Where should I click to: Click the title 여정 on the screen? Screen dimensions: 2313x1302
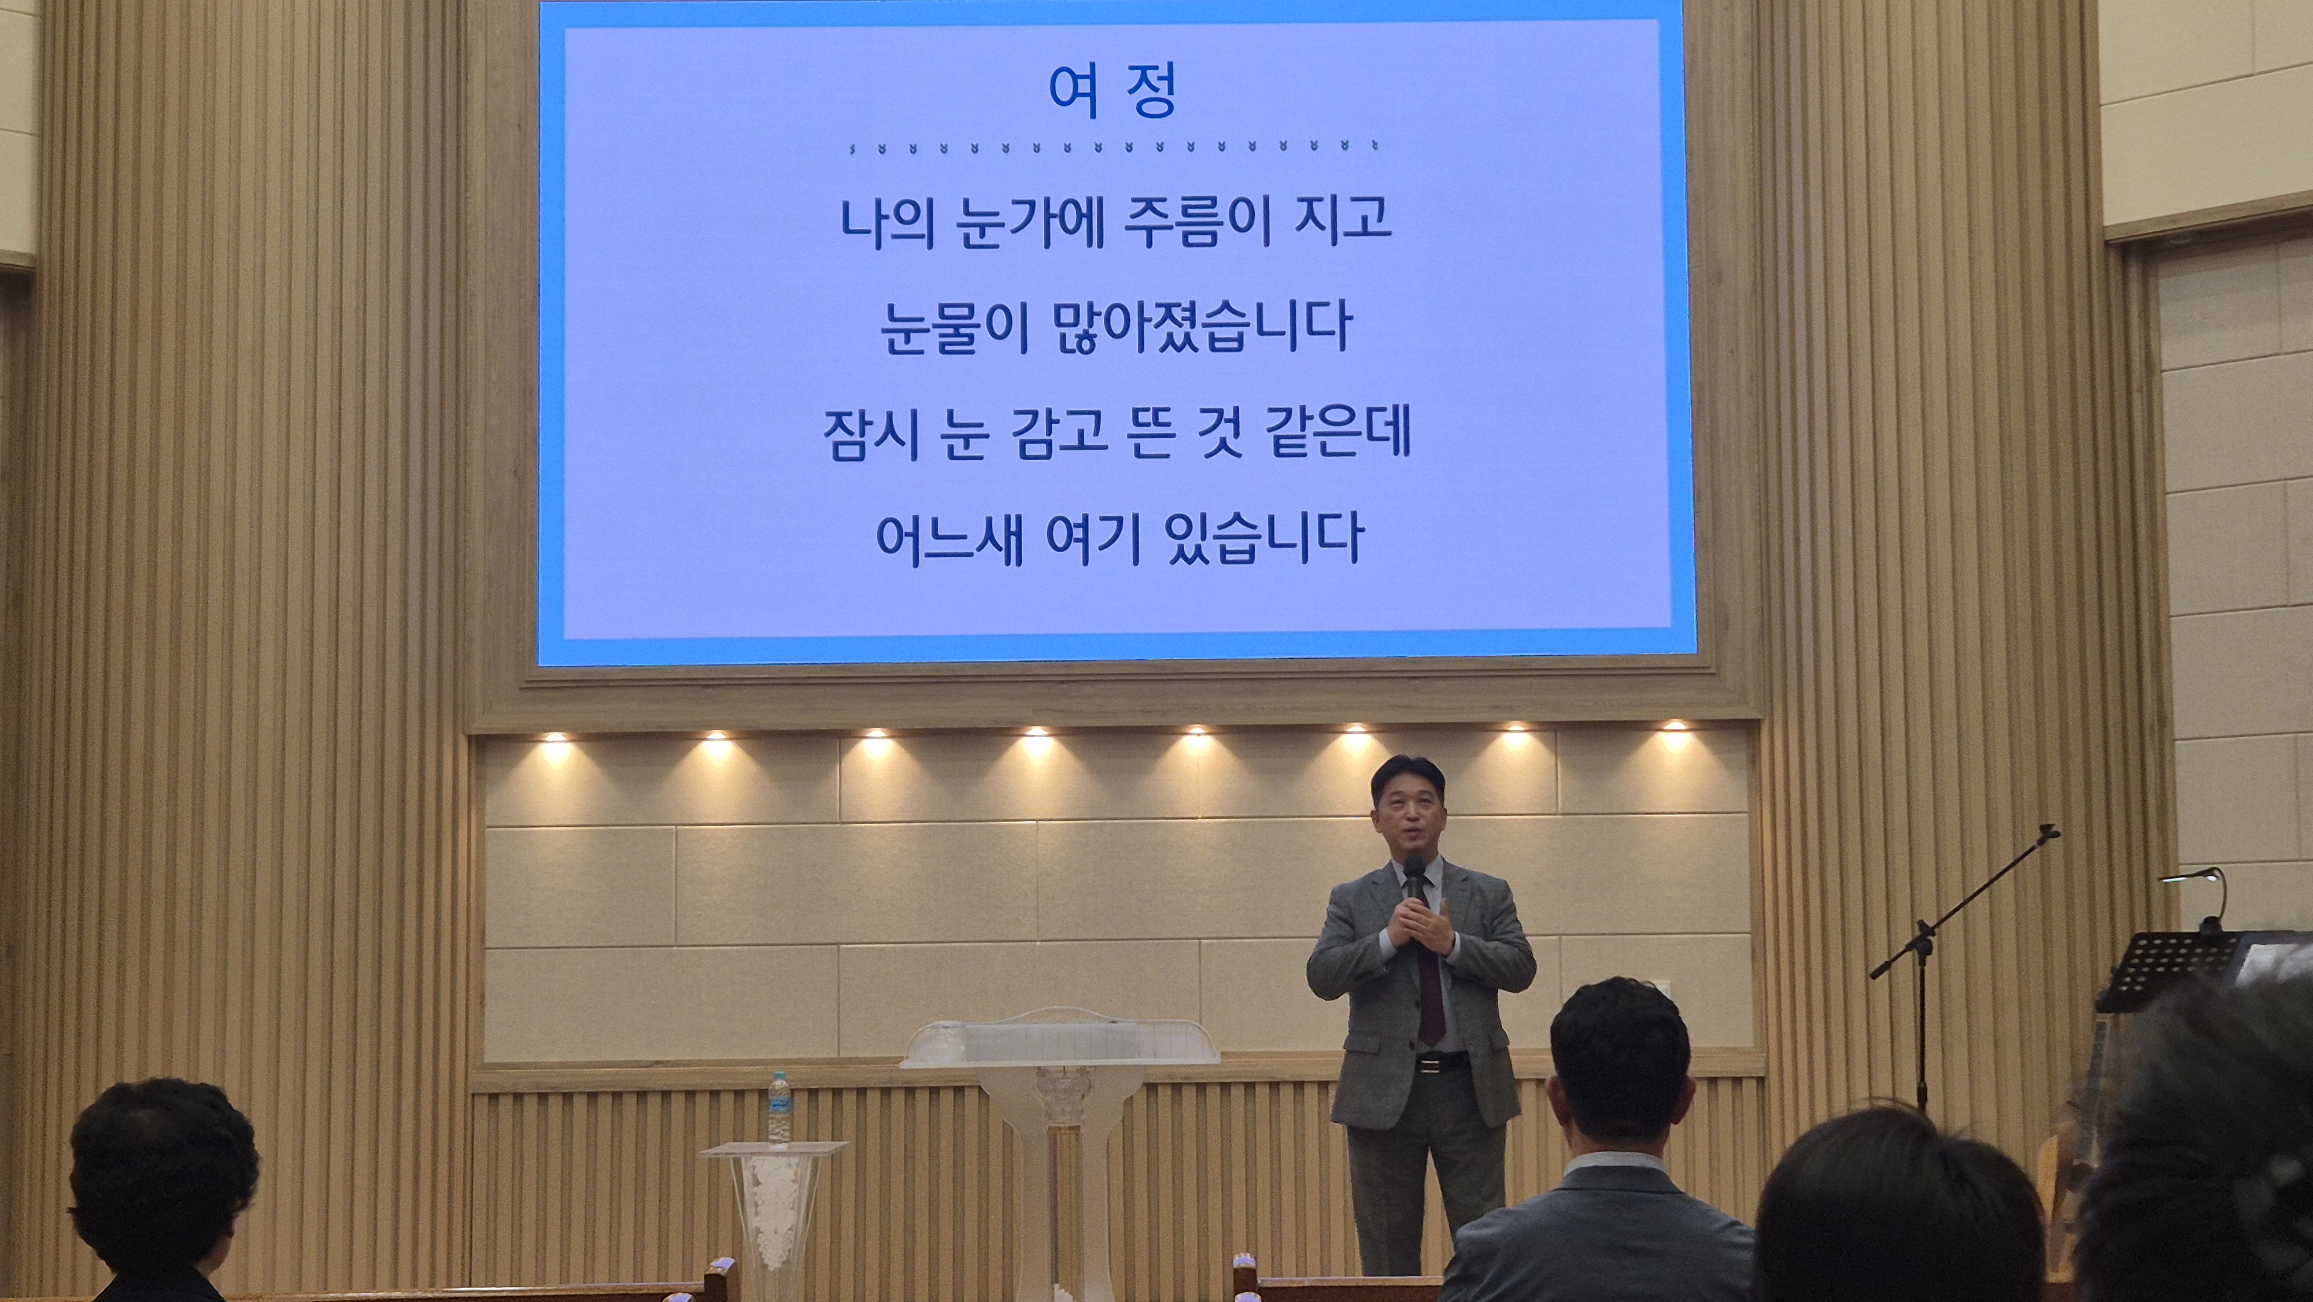[1111, 91]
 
